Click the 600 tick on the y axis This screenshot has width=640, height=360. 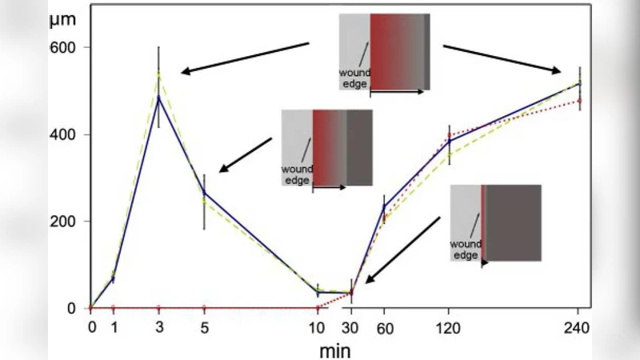tap(67, 47)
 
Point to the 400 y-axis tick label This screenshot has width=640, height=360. tap(67, 134)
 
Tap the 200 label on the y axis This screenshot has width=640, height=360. tap(67, 222)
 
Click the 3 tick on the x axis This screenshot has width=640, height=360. tap(159, 326)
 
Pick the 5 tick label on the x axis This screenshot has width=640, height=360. tap(204, 326)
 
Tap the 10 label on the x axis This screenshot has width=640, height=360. tap(318, 326)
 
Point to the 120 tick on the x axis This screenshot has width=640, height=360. tap(450, 326)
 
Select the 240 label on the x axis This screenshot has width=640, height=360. tap(578, 326)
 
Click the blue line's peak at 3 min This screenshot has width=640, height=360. tap(158, 97)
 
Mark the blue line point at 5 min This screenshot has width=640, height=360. tap(204, 193)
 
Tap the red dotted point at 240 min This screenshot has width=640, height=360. tap(579, 100)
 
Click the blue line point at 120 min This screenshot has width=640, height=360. tap(450, 141)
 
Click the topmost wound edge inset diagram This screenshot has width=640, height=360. tap(385, 51)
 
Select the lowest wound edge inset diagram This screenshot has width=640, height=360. tap(495, 223)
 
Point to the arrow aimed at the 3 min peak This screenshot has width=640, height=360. tap(244, 58)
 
